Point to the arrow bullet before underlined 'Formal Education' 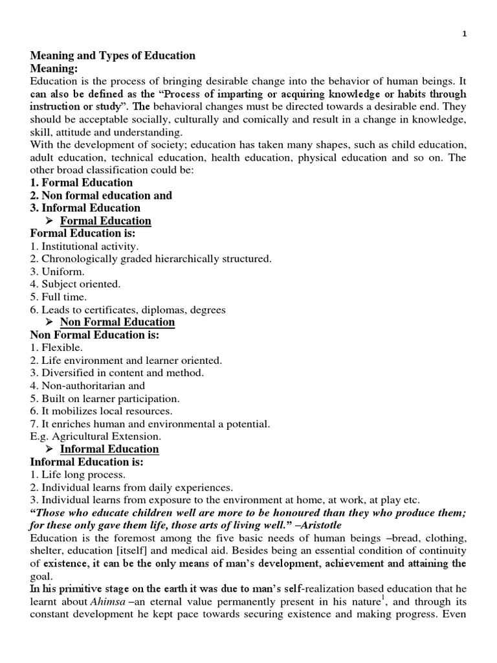[x=49, y=221]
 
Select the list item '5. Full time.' [x=58, y=297]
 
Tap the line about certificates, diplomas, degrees [x=127, y=309]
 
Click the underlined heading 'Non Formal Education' [x=117, y=322]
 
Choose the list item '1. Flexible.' [x=56, y=348]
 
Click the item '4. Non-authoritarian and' [x=87, y=386]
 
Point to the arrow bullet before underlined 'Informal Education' [x=49, y=449]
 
